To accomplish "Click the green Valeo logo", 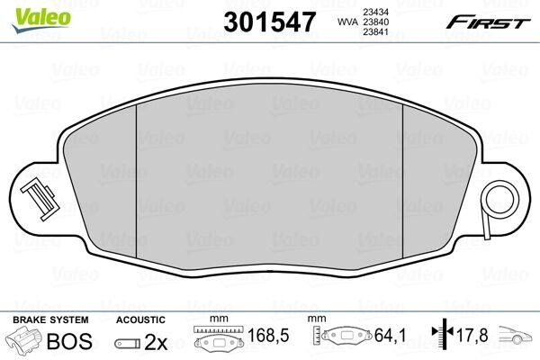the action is tap(41, 20).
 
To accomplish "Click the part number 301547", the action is tap(269, 22).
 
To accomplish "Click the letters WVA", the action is tap(346, 22).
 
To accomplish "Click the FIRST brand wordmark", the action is tap(488, 22).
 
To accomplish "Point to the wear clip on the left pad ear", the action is tap(40, 199).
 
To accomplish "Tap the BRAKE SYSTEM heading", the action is tap(50, 319).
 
